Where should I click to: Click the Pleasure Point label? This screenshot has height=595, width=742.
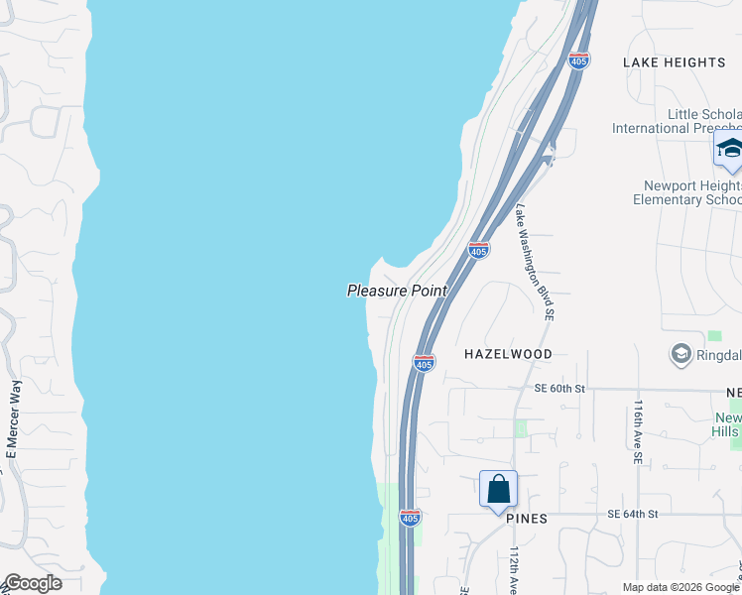point(397,291)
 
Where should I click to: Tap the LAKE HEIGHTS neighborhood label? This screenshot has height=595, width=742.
point(674,62)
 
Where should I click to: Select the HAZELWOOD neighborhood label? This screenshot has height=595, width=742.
point(508,354)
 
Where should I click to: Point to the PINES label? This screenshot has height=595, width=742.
point(526,519)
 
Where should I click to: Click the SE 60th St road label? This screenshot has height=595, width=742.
point(560,389)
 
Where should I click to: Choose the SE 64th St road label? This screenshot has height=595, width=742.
point(633,514)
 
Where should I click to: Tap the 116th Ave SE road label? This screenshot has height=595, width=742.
point(638,433)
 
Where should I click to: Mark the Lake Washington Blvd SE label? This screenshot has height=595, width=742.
point(534,262)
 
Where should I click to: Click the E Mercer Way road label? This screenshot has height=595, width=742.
point(13,419)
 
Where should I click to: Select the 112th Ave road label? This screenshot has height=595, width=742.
point(515,570)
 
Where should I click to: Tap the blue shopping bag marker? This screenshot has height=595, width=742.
point(498,489)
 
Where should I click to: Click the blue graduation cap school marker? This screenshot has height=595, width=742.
point(729,151)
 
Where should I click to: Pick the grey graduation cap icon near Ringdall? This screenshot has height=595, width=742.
point(680,353)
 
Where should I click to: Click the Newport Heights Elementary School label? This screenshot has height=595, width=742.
point(691,192)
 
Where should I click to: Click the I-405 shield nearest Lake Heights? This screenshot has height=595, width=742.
point(579,60)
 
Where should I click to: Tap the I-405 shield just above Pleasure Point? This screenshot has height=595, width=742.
point(478,250)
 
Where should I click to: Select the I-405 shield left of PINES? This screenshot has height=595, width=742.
point(410,518)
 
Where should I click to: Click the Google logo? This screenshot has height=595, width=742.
point(32,583)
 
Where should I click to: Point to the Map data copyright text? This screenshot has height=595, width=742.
point(680,587)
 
